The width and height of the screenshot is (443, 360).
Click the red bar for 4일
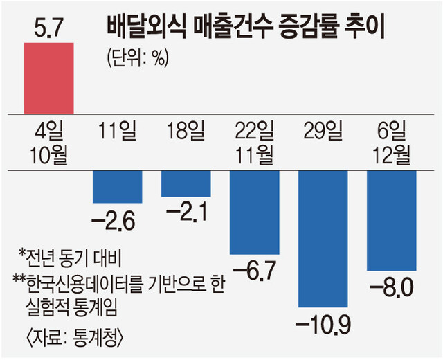(48, 77)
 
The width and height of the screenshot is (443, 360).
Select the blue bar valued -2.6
(118, 186)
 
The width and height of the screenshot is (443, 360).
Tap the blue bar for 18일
(186, 183)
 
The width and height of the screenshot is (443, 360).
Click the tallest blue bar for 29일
(323, 238)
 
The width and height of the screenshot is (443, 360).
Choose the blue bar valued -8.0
(392, 220)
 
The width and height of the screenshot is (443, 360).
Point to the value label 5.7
(48, 28)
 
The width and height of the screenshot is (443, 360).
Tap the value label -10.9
(323, 322)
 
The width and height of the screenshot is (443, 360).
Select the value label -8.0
(392, 285)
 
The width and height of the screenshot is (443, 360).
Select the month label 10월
(48, 153)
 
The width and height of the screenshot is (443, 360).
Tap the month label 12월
(392, 153)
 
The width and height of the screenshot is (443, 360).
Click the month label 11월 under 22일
(254, 153)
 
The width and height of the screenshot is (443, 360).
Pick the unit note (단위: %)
(138, 57)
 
